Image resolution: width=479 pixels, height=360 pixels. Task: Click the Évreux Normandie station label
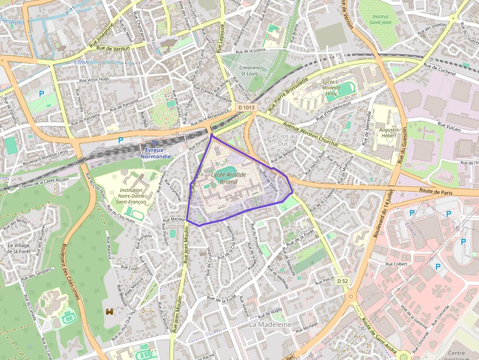pos(156,153)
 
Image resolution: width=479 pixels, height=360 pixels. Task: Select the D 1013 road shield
pos(247,107)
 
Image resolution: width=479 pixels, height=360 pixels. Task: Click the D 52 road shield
pos(343,281)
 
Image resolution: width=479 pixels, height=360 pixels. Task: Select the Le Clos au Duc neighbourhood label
pos(283,140)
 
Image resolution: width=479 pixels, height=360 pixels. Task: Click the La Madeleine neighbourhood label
pos(270,324)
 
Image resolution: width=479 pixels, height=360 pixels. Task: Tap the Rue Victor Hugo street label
pos(94,79)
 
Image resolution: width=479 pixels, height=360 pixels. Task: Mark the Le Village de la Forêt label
pos(19,248)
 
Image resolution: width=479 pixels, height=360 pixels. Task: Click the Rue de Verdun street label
pos(113,48)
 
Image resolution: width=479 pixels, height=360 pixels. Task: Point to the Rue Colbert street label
pos(396,264)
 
